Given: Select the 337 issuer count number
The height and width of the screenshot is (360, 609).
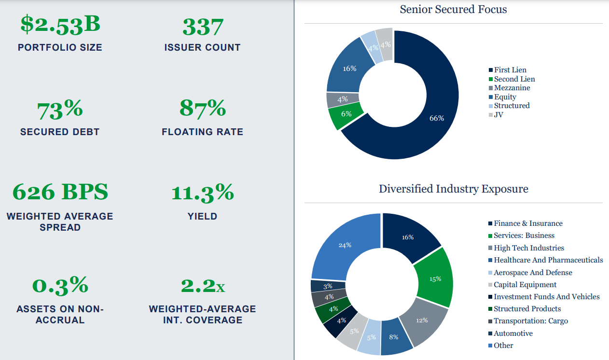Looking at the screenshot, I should pyautogui.click(x=202, y=26).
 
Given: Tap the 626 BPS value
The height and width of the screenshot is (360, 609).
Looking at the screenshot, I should pyautogui.click(x=60, y=192).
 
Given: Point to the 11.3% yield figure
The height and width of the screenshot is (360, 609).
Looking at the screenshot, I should pyautogui.click(x=202, y=193).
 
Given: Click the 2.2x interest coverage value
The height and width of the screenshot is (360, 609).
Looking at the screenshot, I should pyautogui.click(x=202, y=286).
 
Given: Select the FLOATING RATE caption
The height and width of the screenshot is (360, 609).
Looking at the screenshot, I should pyautogui.click(x=202, y=132).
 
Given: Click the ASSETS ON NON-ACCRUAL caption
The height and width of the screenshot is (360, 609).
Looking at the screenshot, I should pyautogui.click(x=60, y=314).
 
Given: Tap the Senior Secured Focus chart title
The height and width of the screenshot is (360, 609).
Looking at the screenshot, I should pyautogui.click(x=453, y=9).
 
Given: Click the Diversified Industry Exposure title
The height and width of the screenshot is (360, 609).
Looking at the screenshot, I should pyautogui.click(x=453, y=189).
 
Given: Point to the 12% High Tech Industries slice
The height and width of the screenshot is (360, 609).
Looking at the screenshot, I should pyautogui.click(x=421, y=320).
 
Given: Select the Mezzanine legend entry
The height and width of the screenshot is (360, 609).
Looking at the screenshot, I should pyautogui.click(x=512, y=88).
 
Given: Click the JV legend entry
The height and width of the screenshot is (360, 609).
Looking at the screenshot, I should pyautogui.click(x=499, y=114).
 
